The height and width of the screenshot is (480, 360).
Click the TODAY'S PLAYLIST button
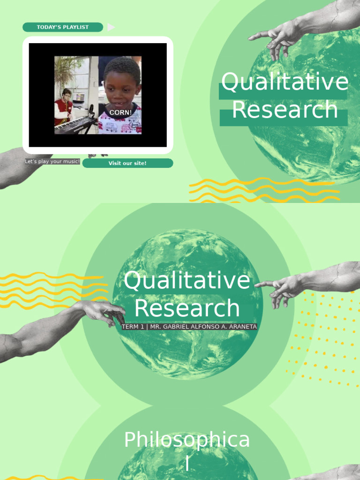(x=63, y=27)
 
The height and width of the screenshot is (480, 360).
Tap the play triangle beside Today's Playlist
(x=111, y=27)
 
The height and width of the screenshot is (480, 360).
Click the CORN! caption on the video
(x=120, y=112)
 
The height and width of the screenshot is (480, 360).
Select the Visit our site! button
(x=127, y=163)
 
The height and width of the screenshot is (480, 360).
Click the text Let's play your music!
(x=52, y=162)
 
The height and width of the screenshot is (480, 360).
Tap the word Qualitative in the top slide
(x=285, y=82)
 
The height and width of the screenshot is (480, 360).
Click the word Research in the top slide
(x=285, y=110)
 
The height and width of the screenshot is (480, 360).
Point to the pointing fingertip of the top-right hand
(x=250, y=37)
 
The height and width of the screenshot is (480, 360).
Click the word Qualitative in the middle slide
(x=187, y=281)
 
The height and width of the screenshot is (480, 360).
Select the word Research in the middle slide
(x=187, y=308)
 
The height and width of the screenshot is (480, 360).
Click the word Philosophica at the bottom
(x=187, y=441)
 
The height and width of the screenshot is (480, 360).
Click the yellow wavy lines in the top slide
(x=262, y=190)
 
